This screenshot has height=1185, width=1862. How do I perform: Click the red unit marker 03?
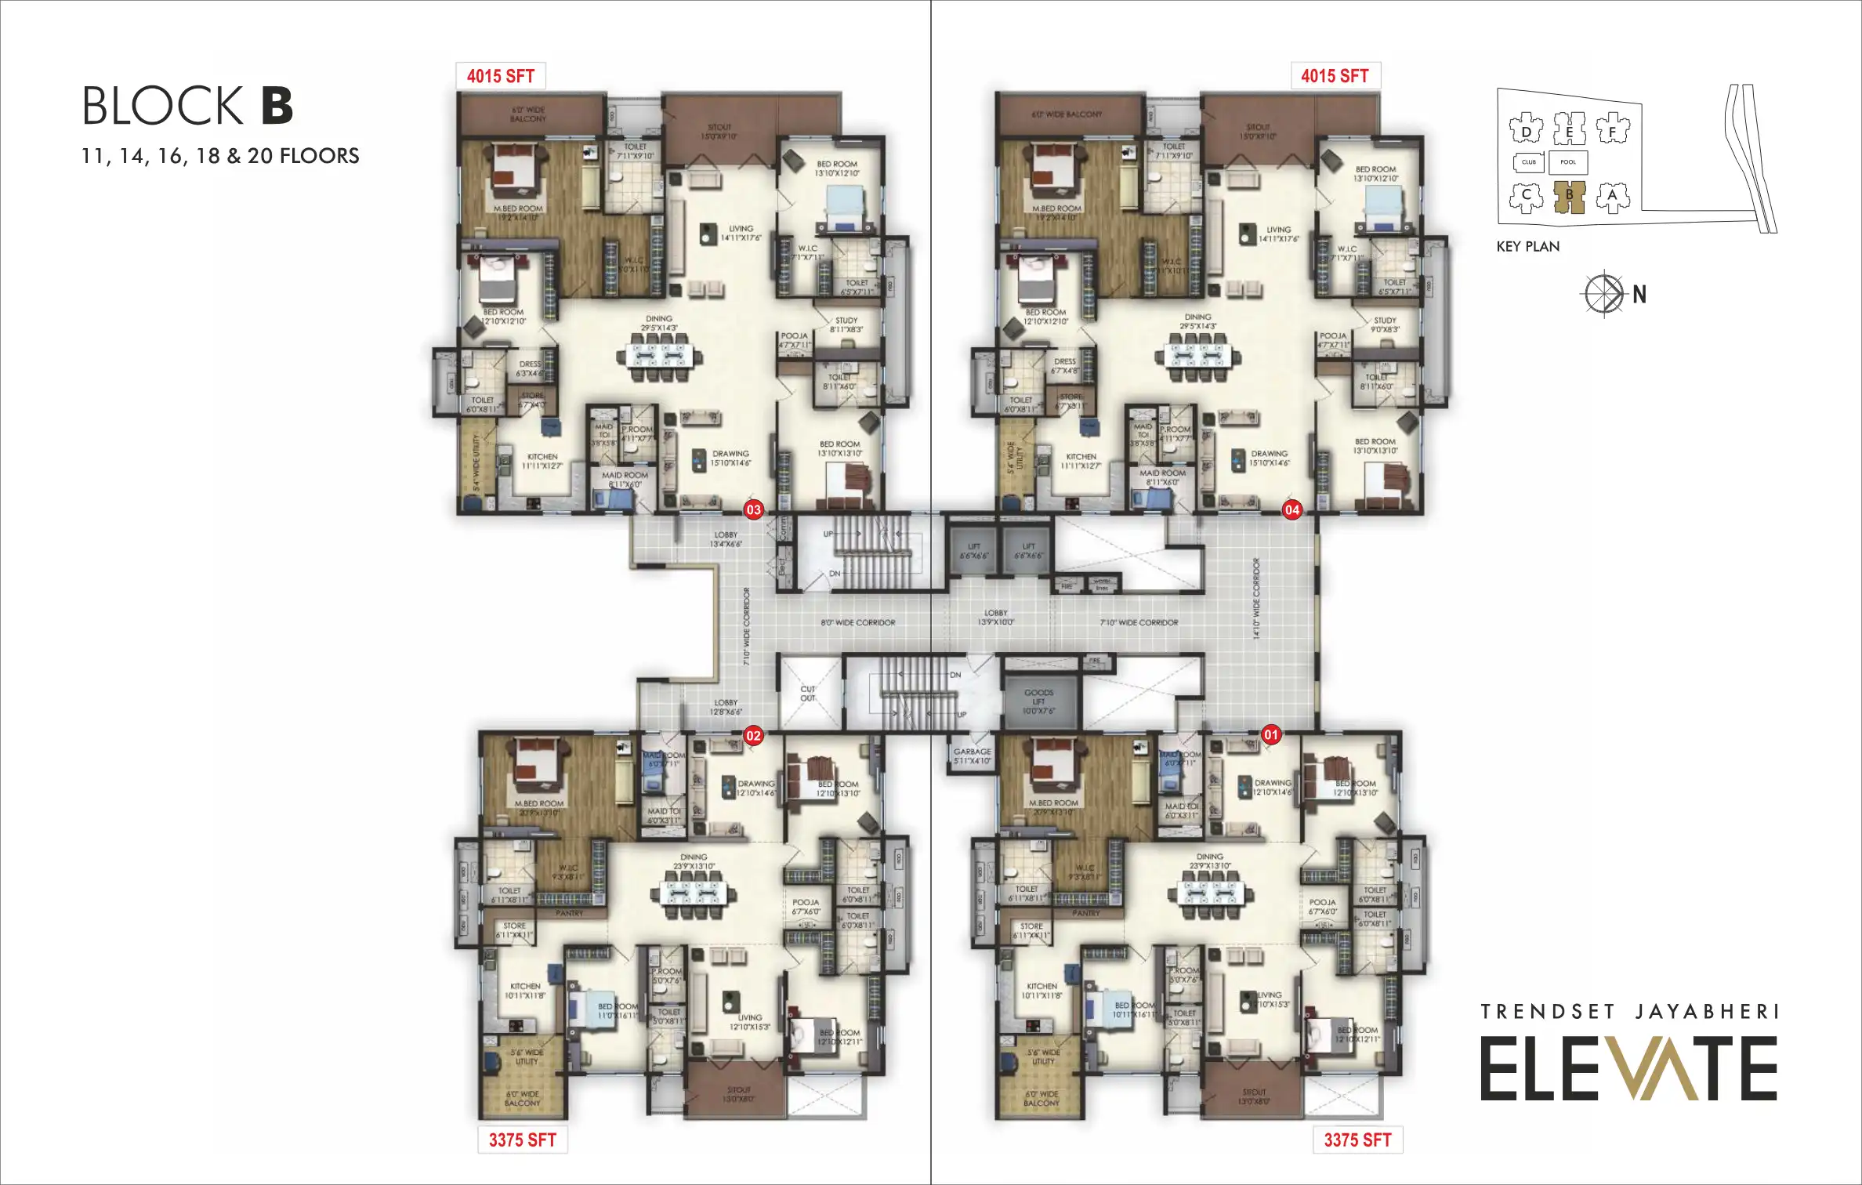click(753, 510)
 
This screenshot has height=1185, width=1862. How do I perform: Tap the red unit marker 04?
click(1291, 510)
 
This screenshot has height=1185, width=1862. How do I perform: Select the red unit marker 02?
click(753, 736)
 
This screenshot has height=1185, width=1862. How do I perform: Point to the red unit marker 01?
click(1271, 735)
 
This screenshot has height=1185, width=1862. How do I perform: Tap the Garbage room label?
click(973, 756)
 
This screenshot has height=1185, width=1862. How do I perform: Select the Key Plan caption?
click(1527, 247)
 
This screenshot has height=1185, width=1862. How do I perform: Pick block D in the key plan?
click(1526, 131)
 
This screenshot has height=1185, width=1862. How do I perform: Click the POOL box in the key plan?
click(1568, 162)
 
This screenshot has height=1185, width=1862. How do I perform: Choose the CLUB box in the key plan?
click(1529, 162)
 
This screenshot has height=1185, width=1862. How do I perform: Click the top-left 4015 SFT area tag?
click(501, 76)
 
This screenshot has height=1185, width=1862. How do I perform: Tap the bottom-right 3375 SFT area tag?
click(1357, 1140)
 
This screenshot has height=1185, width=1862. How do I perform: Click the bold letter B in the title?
click(277, 107)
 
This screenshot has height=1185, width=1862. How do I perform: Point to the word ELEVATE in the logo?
click(1628, 1069)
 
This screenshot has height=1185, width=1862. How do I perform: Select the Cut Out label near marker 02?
click(808, 694)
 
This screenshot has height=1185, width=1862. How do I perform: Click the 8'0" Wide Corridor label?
click(858, 623)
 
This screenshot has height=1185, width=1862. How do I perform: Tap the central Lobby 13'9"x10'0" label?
click(996, 618)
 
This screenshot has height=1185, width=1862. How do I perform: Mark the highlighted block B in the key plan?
click(1569, 197)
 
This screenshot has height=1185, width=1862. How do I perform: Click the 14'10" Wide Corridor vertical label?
click(1256, 600)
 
